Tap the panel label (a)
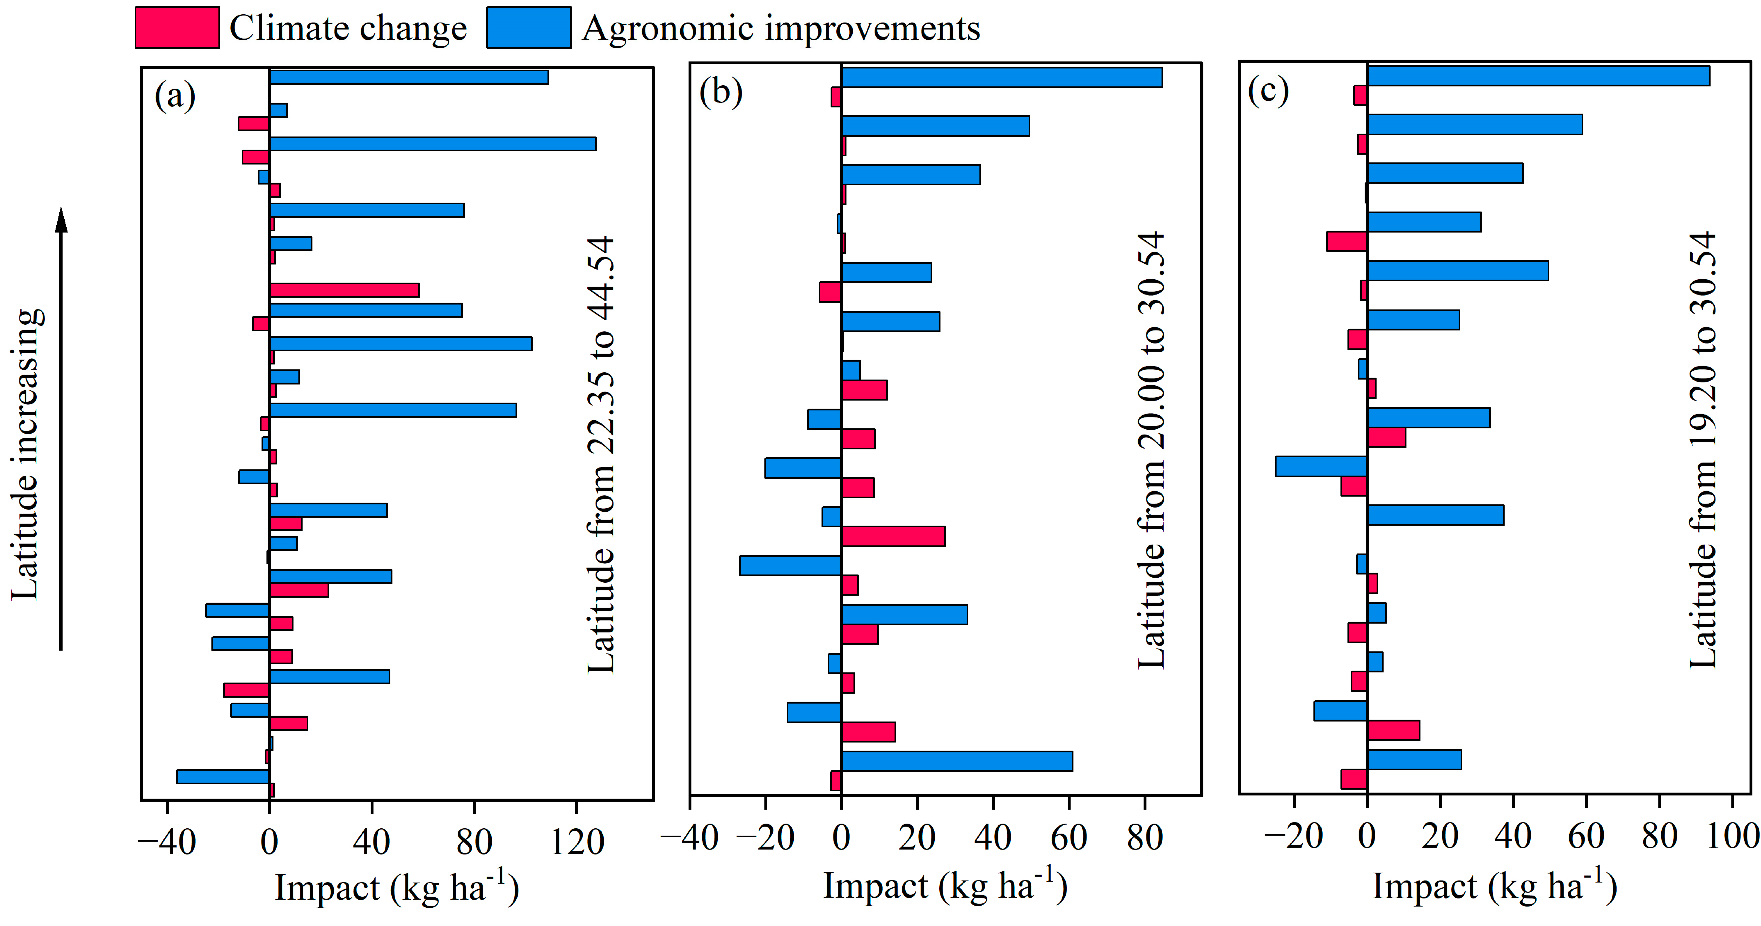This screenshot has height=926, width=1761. [175, 95]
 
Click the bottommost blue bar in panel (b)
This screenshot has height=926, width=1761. [957, 761]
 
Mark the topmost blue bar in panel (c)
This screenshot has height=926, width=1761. [1538, 76]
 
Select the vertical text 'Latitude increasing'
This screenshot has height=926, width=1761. [27, 454]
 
